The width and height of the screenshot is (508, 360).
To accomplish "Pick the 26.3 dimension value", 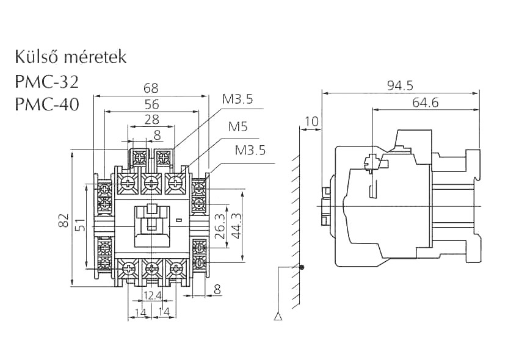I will pyautogui.click(x=222, y=226).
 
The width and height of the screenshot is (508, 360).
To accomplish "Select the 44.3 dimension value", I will pyautogui.click(x=237, y=226).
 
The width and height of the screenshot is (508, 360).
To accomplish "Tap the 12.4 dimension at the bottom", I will pyautogui.click(x=151, y=297).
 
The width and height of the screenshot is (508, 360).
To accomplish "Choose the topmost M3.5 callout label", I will pyautogui.click(x=238, y=99).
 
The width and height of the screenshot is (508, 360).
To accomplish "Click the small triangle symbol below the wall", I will pyautogui.click(x=278, y=316).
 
